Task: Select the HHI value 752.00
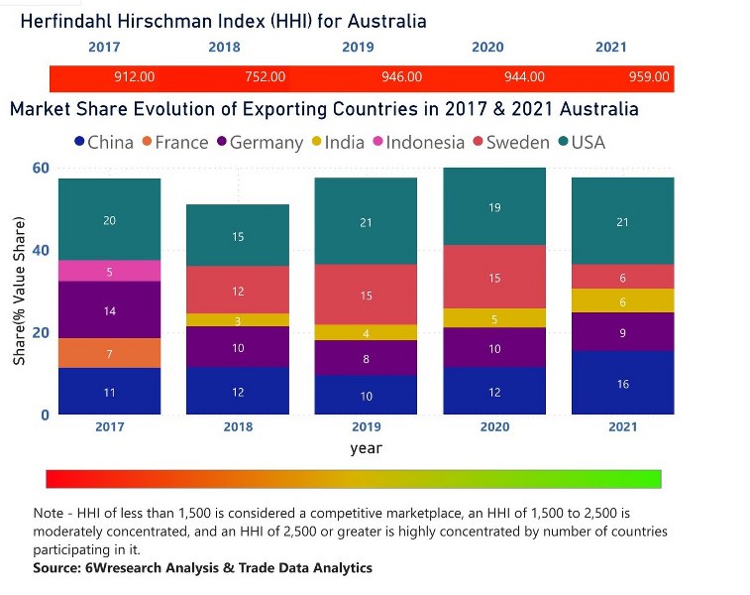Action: pyautogui.click(x=265, y=76)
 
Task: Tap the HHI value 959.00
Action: pyautogui.click(x=649, y=76)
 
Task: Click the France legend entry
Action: pyautogui.click(x=181, y=142)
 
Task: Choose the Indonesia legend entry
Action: pyautogui.click(x=425, y=142)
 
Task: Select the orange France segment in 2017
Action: pyautogui.click(x=109, y=353)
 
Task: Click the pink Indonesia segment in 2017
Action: pyautogui.click(x=109, y=271)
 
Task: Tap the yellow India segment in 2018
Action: pyautogui.click(x=238, y=319)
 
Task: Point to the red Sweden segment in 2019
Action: pyautogui.click(x=366, y=295)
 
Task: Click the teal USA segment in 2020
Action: pyautogui.click(x=494, y=207)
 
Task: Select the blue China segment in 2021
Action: pyautogui.click(x=622, y=383)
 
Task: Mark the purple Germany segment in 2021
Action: pyautogui.click(x=622, y=332)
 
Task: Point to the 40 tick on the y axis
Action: pyautogui.click(x=40, y=250)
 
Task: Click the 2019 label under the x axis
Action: pyautogui.click(x=366, y=426)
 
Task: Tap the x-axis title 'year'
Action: pyautogui.click(x=366, y=448)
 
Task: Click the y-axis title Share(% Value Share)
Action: pyautogui.click(x=19, y=292)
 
